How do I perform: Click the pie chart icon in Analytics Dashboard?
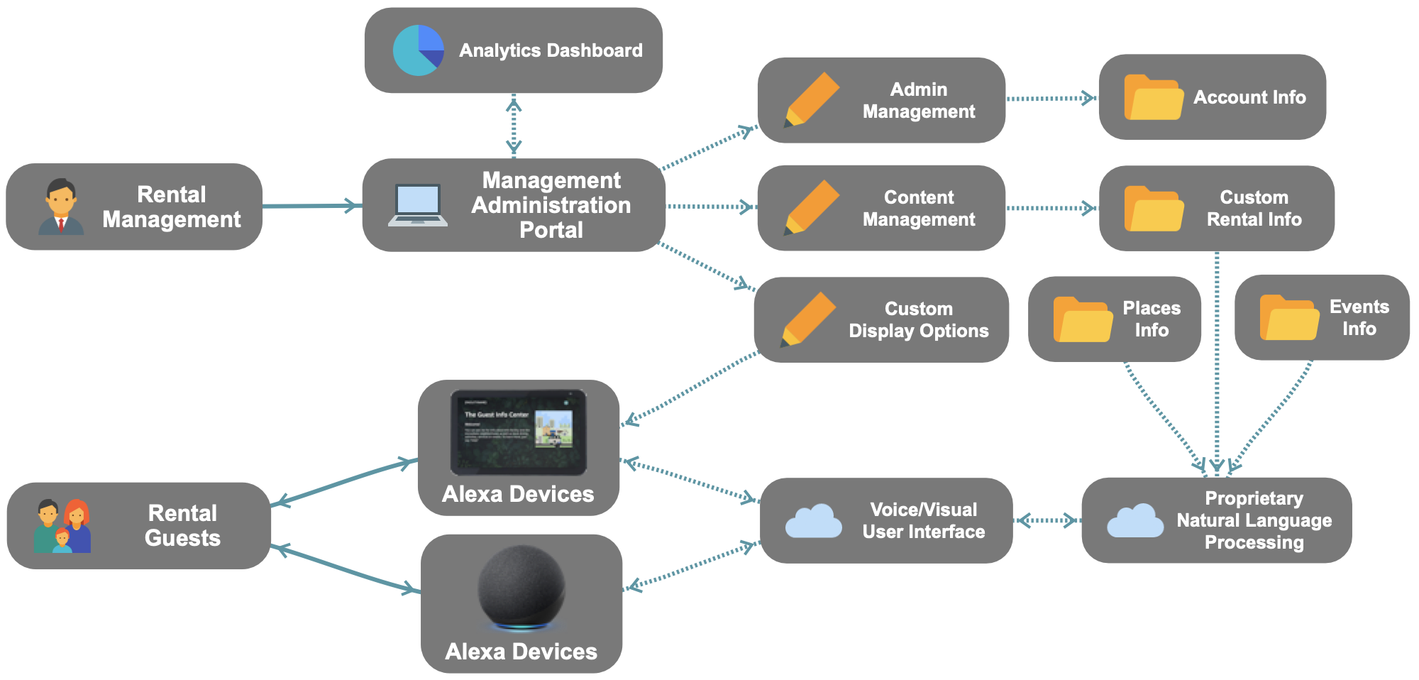click(x=419, y=50)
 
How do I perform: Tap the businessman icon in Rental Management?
click(x=61, y=207)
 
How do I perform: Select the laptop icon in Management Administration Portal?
click(x=418, y=205)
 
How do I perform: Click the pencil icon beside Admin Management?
click(x=812, y=100)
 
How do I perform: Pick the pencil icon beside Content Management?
click(x=812, y=207)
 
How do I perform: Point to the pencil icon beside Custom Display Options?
click(x=808, y=319)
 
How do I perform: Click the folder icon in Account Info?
click(x=1153, y=97)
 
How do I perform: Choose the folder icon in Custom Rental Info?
click(x=1154, y=209)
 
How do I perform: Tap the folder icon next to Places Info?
click(x=1082, y=319)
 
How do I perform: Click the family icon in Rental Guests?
click(x=62, y=526)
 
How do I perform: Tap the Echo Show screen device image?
click(x=519, y=432)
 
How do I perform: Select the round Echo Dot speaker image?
click(x=521, y=587)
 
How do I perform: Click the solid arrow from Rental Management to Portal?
click(x=312, y=206)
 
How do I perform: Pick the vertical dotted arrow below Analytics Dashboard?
click(x=514, y=126)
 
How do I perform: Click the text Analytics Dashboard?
click(x=551, y=50)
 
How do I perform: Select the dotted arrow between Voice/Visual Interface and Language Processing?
click(x=1047, y=521)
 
